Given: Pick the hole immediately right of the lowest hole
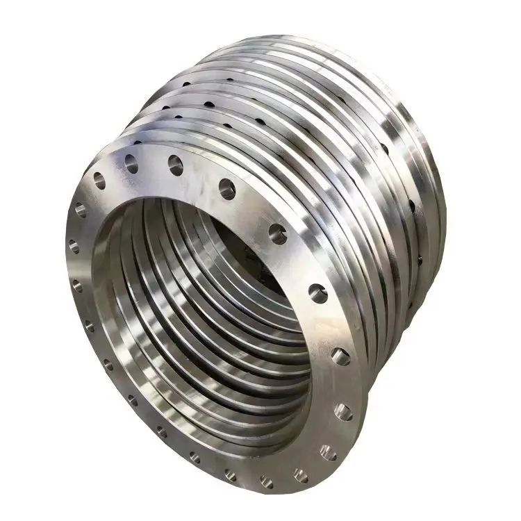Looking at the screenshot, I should point(300,475).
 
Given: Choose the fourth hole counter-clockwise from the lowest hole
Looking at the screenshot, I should point(340,356).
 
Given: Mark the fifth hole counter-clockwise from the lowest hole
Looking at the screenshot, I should point(317,293).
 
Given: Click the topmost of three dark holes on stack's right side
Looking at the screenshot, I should point(385,149).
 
